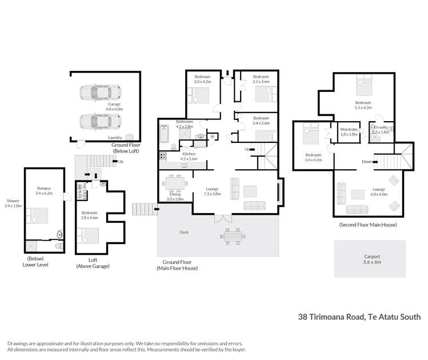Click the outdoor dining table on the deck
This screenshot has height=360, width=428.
coord(231,235)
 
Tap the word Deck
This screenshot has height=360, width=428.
coord(184,233)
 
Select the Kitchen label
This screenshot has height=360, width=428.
coord(189,154)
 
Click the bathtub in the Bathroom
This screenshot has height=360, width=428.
coord(164,134)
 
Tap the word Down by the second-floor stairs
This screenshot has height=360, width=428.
coord(366,162)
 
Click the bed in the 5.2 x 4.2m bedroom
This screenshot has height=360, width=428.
coord(363,87)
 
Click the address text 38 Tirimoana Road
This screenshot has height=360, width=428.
coord(334,315)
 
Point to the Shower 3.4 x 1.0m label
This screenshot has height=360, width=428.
coord(12,203)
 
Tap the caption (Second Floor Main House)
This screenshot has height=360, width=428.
coord(367,225)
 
